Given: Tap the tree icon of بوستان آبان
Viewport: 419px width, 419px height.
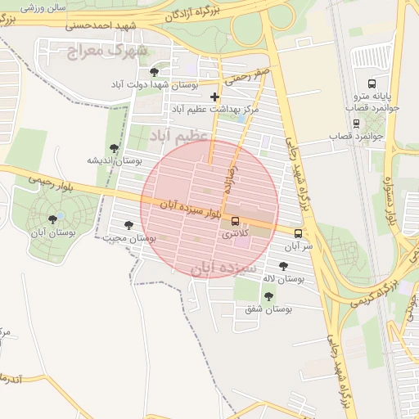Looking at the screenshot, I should [53, 219].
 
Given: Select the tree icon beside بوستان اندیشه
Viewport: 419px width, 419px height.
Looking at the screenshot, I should [114, 148].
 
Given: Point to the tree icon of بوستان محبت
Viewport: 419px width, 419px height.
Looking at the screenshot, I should [128, 224].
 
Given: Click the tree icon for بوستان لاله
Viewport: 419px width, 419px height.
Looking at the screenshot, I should [283, 265].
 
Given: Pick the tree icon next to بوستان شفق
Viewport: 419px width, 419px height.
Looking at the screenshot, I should [268, 295].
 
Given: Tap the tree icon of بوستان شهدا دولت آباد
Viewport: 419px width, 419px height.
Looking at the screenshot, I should [154, 72].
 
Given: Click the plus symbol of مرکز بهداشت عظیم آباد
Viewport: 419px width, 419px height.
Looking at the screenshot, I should [215, 97].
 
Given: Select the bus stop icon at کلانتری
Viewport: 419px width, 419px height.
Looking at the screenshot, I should [236, 221].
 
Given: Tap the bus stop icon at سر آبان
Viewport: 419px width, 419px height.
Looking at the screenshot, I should [297, 233].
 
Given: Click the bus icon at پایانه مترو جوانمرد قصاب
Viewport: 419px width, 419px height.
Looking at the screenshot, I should [372, 83].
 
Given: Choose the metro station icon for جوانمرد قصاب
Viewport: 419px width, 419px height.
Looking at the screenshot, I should [356, 123].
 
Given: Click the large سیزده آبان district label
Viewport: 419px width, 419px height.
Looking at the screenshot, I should [224, 268].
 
